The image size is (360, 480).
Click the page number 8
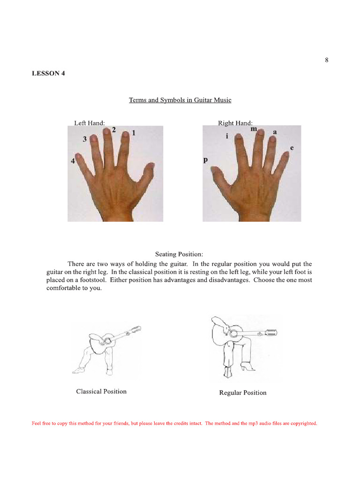pyautogui.click(x=326, y=60)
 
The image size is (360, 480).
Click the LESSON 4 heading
pyautogui.click(x=48, y=73)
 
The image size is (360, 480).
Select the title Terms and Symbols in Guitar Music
pyautogui.click(x=180, y=100)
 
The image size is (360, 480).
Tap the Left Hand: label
pyautogui.click(x=89, y=123)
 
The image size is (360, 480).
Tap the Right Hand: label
pyautogui.click(x=235, y=123)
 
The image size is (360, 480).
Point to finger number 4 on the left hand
pyautogui.click(x=73, y=161)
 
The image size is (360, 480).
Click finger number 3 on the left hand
pyautogui.click(x=85, y=139)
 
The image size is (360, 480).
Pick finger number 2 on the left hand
pyautogui.click(x=114, y=130)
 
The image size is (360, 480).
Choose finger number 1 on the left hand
pyautogui.click(x=134, y=133)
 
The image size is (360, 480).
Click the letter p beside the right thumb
pyautogui.click(x=205, y=160)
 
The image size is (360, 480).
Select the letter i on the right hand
pyautogui.click(x=227, y=137)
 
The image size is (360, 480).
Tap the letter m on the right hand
pyautogui.click(x=254, y=128)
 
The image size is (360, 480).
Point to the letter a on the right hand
pyautogui.click(x=275, y=132)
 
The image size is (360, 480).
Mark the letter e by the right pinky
pyautogui.click(x=292, y=148)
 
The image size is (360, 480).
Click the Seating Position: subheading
pyautogui.click(x=180, y=254)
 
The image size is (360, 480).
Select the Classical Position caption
pyautogui.click(x=101, y=391)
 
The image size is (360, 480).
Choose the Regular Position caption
pyautogui.click(x=243, y=393)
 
